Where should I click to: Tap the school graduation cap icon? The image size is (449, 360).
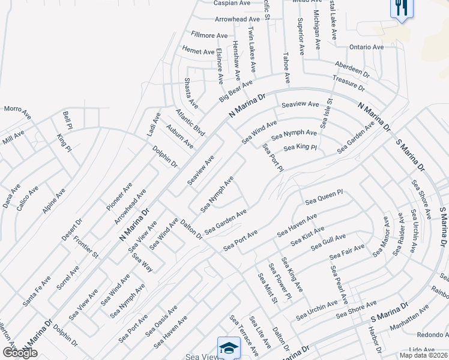coord(229,347)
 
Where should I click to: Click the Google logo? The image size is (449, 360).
coord(19,353)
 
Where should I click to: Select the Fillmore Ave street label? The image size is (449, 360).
coord(209,35)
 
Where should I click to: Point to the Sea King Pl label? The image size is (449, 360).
coord(300,147)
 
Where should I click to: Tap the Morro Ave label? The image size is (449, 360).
coord(17,111)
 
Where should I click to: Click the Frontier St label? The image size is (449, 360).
coord(86,247)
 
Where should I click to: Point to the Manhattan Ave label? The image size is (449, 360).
coord(408,315)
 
